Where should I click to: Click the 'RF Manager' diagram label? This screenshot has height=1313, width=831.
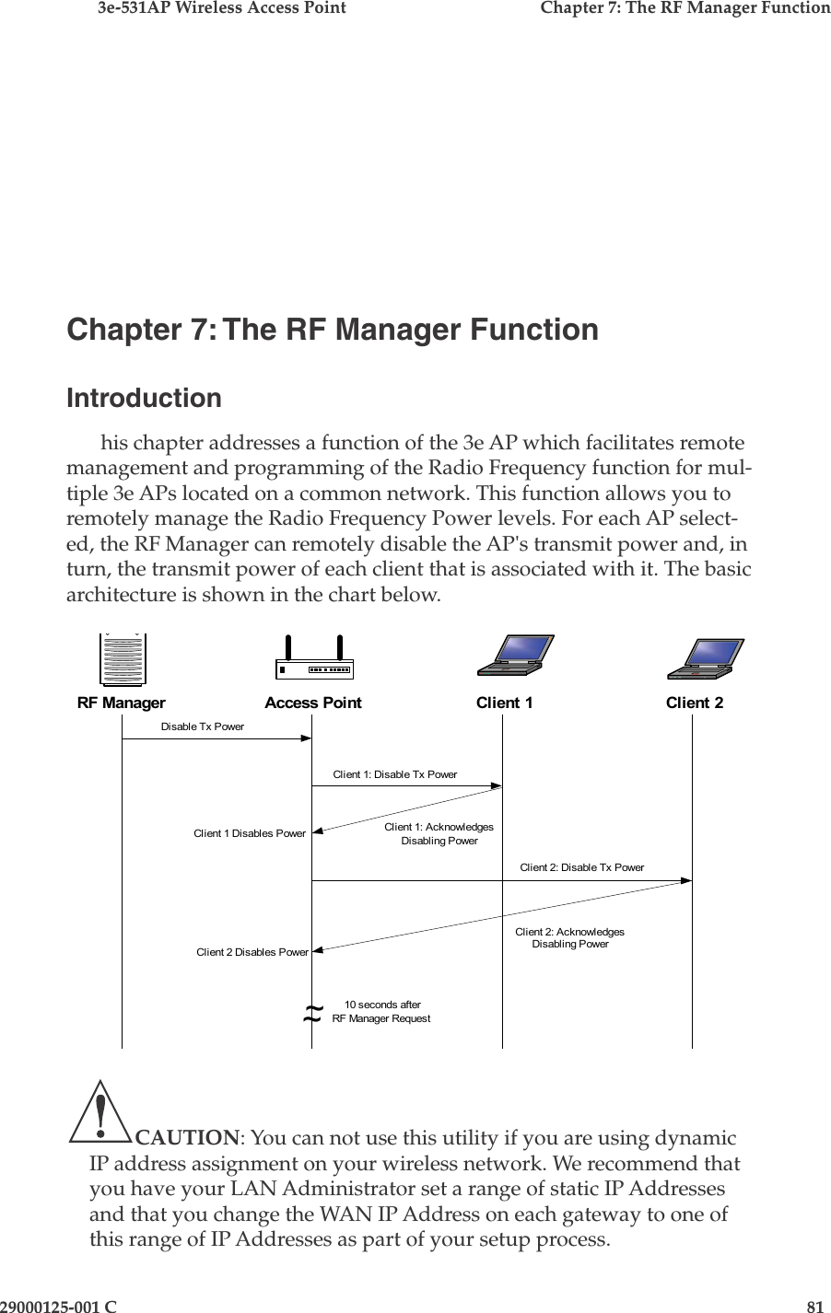pyautogui.click(x=122, y=703)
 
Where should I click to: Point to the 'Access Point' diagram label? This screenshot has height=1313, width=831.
pyautogui.click(x=313, y=703)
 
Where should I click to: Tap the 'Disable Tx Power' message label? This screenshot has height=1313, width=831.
pyautogui.click(x=203, y=726)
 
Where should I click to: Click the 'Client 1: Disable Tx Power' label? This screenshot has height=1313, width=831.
pyautogui.click(x=394, y=774)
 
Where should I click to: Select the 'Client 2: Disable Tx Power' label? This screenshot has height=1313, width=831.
pyautogui.click(x=582, y=867)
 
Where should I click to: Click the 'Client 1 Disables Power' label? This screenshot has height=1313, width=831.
pyautogui.click(x=249, y=833)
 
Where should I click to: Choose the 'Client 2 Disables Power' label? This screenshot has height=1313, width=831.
pyautogui.click(x=252, y=952)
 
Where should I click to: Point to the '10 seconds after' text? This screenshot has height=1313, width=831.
pyautogui.click(x=382, y=1005)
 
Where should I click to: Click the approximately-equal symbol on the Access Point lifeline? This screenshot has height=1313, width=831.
pyautogui.click(x=312, y=1015)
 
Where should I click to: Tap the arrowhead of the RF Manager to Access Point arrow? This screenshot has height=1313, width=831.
pyautogui.click(x=307, y=738)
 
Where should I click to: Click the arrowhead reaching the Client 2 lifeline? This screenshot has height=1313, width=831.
pyautogui.click(x=686, y=881)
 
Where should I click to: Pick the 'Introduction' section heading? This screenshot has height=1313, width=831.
pyautogui.click(x=145, y=399)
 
